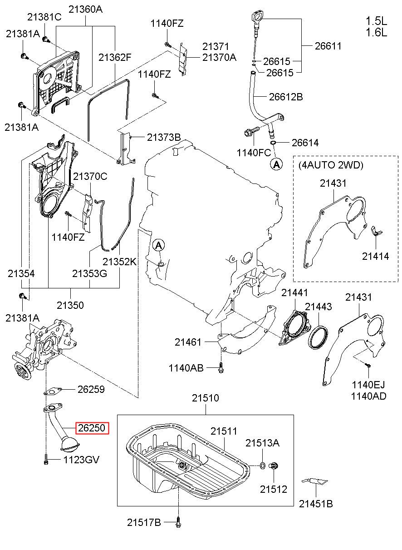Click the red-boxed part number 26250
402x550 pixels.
[x=92, y=428]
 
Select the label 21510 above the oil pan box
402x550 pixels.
[x=205, y=398]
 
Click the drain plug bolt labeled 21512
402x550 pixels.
[x=273, y=466]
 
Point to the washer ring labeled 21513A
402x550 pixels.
[x=262, y=465]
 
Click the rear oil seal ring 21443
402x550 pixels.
[x=318, y=337]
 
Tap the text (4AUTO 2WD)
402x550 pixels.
[x=331, y=165]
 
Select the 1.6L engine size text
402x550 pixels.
[x=377, y=32]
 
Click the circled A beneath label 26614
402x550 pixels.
[x=276, y=164]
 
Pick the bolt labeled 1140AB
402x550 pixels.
[x=221, y=368]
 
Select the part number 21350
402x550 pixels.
[x=70, y=305]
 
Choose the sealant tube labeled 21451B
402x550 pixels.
[x=315, y=485]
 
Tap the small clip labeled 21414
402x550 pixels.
[x=376, y=231]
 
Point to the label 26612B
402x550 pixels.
[x=286, y=97]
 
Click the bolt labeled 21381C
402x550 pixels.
[x=45, y=40]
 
